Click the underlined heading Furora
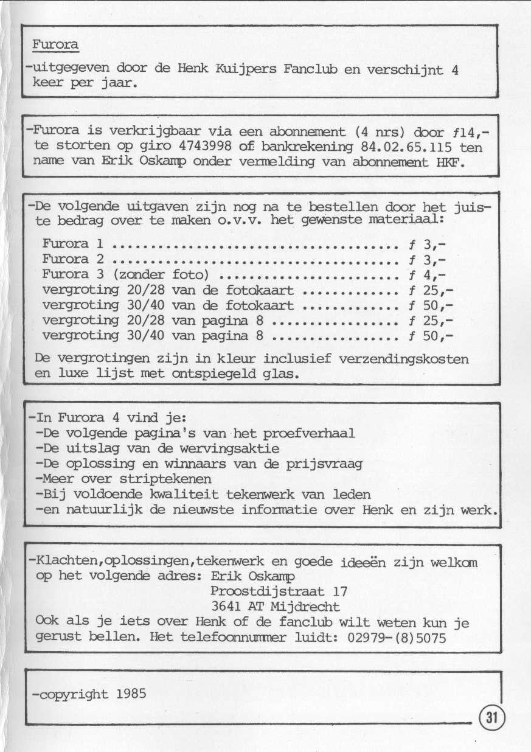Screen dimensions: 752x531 coord(55,45)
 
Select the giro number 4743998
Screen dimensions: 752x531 coord(207,147)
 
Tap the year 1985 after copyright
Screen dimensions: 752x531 coord(131,694)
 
